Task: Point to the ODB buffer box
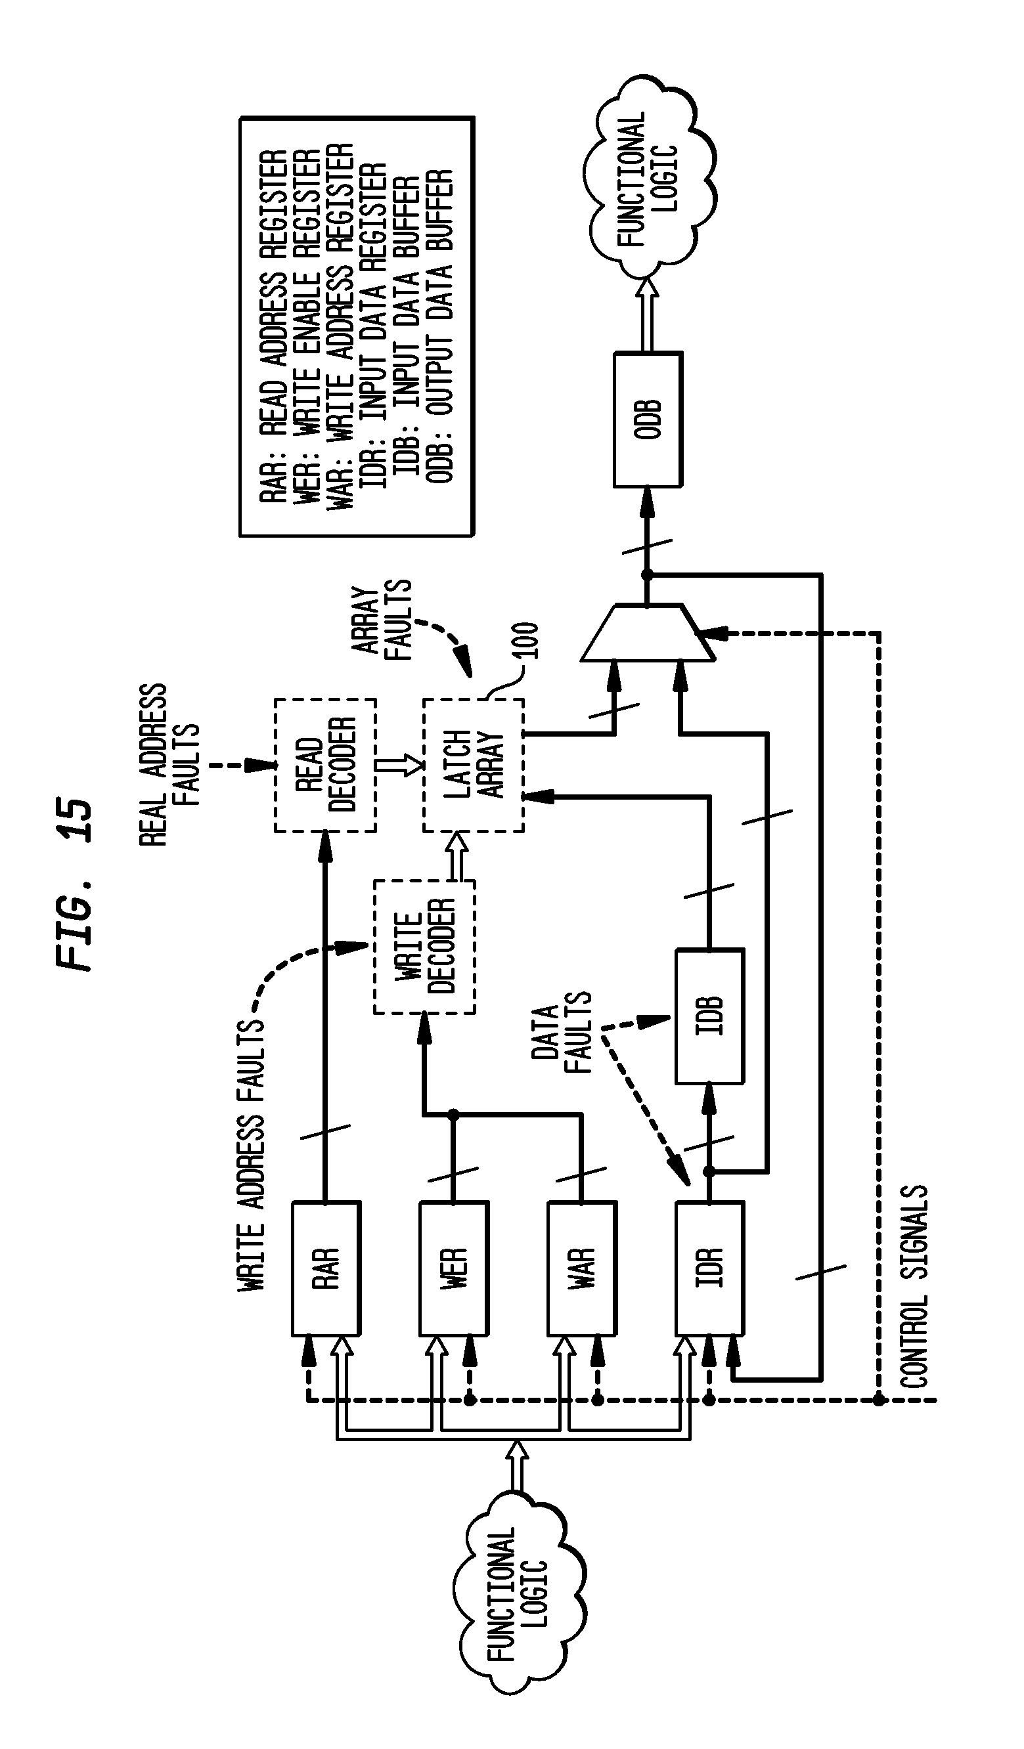(x=648, y=420)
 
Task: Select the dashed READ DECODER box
(x=325, y=765)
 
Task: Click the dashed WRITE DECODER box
(x=424, y=947)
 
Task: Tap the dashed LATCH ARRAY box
(x=474, y=765)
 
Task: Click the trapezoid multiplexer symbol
(x=647, y=633)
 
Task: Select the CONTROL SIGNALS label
(x=914, y=1287)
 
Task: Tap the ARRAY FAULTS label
(x=382, y=619)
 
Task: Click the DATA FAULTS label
(x=562, y=1032)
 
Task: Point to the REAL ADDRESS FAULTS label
(x=169, y=765)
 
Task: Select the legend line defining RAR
(x=273, y=326)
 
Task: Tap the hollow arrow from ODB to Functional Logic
(x=648, y=314)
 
